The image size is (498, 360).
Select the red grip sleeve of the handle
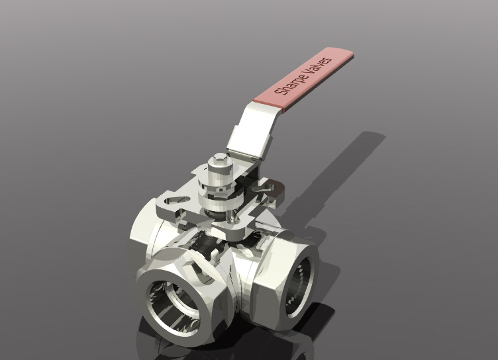[x=305, y=77]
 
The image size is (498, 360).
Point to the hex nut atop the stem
[x=217, y=162]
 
